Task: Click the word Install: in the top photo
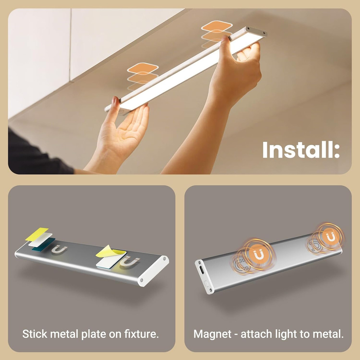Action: (x=301, y=150)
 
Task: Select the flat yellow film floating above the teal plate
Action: (x=37, y=234)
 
